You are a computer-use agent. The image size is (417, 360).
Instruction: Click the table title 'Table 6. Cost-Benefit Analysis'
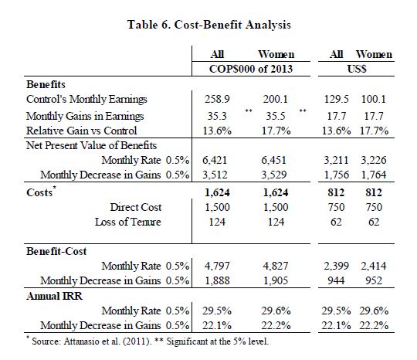pyautogui.click(x=209, y=25)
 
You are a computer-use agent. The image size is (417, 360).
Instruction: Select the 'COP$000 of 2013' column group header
pyautogui.click(x=251, y=69)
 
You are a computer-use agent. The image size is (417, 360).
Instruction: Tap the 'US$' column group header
pyautogui.click(x=357, y=69)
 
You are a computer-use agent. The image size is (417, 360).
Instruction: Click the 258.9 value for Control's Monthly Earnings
pyautogui.click(x=217, y=99)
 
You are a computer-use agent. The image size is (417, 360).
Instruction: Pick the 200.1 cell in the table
pyautogui.click(x=276, y=99)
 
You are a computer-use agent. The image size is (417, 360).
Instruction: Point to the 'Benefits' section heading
pyautogui.click(x=46, y=84)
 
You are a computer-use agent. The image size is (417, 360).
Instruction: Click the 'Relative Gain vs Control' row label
pyautogui.click(x=81, y=131)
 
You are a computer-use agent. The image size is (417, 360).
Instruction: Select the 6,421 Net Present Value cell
pyautogui.click(x=215, y=160)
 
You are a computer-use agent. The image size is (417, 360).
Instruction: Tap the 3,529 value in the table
pyautogui.click(x=274, y=175)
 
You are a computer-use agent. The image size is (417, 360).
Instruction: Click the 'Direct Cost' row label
pyautogui.click(x=136, y=207)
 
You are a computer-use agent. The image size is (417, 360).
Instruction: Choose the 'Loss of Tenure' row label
pyautogui.click(x=128, y=222)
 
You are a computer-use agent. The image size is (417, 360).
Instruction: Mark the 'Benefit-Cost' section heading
pyautogui.click(x=56, y=251)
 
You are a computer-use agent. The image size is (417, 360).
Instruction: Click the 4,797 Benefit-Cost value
pyautogui.click(x=217, y=266)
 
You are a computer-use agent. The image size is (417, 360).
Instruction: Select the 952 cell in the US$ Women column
pyautogui.click(x=374, y=280)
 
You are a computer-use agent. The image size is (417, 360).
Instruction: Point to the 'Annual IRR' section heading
pyautogui.click(x=54, y=296)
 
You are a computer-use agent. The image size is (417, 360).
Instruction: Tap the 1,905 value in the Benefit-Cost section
pyautogui.click(x=276, y=280)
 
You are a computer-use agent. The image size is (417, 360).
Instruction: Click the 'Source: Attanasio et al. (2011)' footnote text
pyautogui.click(x=91, y=341)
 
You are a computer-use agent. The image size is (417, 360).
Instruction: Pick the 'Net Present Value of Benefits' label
pyautogui.click(x=91, y=145)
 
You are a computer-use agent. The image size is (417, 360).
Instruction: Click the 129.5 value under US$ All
pyautogui.click(x=337, y=99)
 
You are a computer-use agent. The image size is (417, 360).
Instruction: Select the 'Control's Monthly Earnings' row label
pyautogui.click(x=86, y=99)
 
